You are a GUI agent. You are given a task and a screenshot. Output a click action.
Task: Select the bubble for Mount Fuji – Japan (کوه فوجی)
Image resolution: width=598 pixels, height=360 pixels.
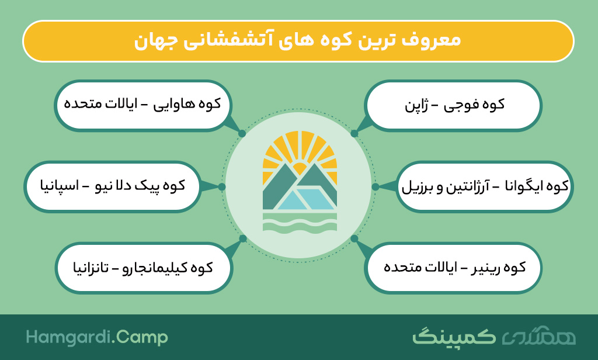pos(453,105)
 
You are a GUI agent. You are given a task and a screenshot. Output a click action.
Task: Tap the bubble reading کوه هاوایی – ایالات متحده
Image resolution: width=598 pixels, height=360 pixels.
pos(143,105)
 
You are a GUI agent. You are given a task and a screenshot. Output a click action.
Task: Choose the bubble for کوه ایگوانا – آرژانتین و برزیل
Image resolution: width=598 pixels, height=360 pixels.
pos(485,186)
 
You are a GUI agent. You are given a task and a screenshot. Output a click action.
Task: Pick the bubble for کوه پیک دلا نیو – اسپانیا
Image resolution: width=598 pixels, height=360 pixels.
pos(113,186)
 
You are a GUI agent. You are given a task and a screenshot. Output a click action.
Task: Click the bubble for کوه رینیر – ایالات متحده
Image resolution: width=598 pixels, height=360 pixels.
pos(453,268)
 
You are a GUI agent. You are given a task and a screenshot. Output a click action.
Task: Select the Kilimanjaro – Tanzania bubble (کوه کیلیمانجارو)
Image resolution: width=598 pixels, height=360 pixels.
pos(144,268)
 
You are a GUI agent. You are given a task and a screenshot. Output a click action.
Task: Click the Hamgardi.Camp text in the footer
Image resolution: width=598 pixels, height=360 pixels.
pos(97,337)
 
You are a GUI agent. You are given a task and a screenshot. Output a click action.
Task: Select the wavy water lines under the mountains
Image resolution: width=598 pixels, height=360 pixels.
pos(300,222)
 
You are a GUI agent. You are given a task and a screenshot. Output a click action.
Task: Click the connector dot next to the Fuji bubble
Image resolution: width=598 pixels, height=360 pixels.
pos(354,134)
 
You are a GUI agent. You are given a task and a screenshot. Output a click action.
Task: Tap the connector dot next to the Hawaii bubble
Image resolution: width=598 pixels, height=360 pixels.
pos(242,134)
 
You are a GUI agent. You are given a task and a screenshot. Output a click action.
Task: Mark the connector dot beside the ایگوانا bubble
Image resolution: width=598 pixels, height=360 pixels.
pos(376,186)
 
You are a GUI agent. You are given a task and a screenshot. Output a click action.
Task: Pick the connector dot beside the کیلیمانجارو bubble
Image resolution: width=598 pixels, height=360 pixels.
pos(243,238)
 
